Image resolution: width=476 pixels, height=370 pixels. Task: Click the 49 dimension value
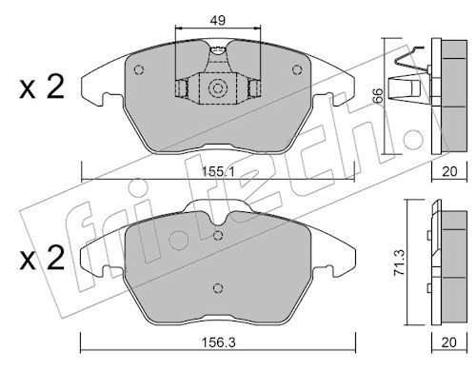(x=218, y=20)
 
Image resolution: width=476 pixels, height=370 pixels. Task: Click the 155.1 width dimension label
(x=218, y=172)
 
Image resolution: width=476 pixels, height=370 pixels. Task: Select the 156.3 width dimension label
(x=218, y=342)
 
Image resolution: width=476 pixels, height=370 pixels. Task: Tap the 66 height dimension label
(x=378, y=95)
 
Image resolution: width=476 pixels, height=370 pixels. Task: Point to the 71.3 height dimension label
(x=399, y=263)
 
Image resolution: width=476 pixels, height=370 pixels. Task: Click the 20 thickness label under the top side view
(x=449, y=171)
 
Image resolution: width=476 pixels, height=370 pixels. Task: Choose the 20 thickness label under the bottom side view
(x=449, y=342)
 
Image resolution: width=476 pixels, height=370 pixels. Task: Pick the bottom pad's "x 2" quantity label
(x=42, y=259)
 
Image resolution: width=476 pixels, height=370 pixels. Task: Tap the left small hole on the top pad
(x=139, y=69)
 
